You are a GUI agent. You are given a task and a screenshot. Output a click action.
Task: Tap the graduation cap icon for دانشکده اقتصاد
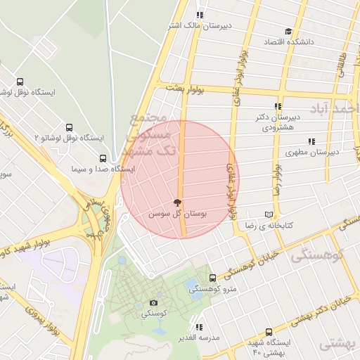click(288, 32)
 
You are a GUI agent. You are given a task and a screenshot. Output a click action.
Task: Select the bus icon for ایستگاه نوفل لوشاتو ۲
click(69, 127)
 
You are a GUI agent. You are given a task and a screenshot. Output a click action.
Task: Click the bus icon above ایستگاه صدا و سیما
click(103, 158)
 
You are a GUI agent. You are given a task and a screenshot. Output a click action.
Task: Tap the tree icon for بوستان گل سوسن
click(176, 202)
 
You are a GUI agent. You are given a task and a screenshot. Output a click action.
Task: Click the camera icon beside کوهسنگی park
click(154, 303)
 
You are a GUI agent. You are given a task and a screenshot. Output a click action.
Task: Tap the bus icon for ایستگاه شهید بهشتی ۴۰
click(269, 332)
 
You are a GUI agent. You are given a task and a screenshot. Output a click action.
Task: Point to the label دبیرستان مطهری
click(313, 151)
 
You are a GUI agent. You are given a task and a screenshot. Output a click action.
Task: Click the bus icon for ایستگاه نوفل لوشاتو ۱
click(19, 82)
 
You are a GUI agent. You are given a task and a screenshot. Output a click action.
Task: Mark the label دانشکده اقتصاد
click(288, 43)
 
